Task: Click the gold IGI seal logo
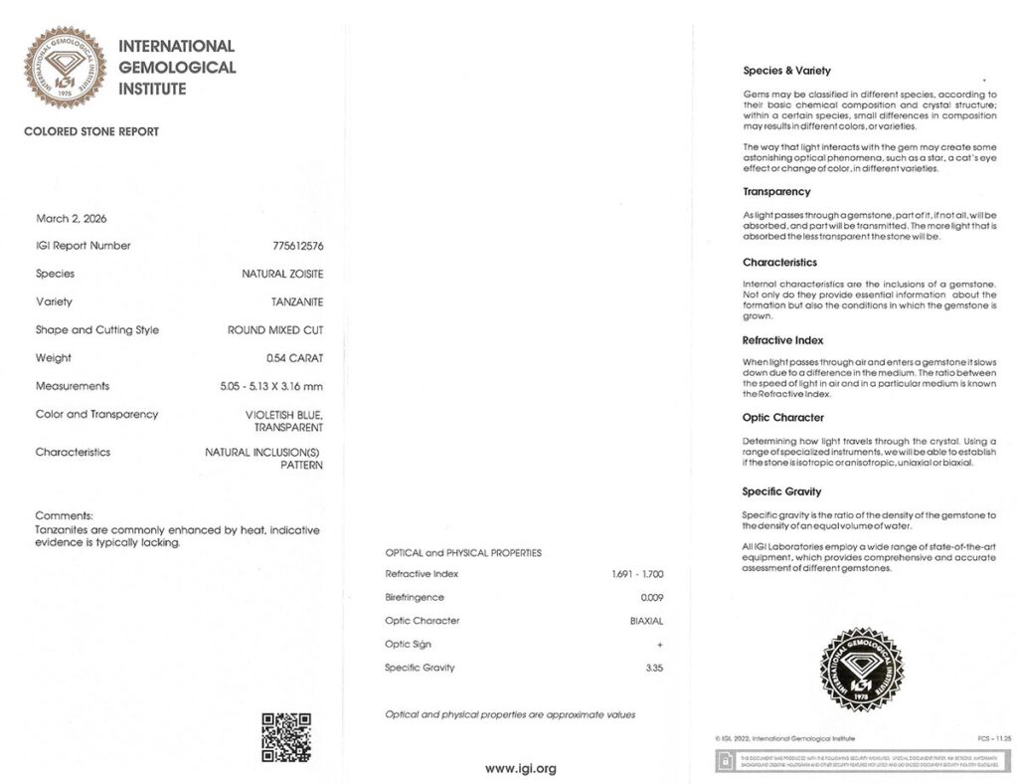(x=65, y=67)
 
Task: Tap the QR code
(x=285, y=737)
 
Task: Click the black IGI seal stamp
(x=861, y=669)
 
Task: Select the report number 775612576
(x=291, y=246)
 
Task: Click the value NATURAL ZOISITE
(x=283, y=274)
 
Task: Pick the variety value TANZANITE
(x=297, y=301)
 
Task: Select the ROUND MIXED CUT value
(x=275, y=329)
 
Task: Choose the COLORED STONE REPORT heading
(x=91, y=131)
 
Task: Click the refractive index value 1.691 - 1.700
(x=638, y=574)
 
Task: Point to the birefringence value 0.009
(x=652, y=597)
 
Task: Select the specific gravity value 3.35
(x=654, y=668)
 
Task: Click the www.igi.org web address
(x=520, y=768)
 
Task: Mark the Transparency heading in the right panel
(x=776, y=191)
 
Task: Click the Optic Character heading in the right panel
(x=783, y=417)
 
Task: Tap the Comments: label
(x=64, y=515)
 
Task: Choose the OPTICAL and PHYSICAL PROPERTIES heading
(x=463, y=552)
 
